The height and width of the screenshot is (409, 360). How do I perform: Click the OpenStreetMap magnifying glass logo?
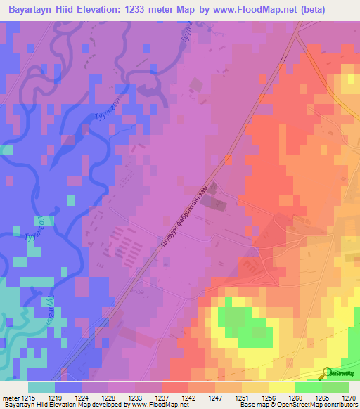point(327,372)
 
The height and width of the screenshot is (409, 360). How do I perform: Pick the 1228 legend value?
point(108,398)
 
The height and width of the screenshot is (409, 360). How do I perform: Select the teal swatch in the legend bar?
point(41,387)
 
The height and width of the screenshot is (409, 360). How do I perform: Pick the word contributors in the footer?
point(342,405)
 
